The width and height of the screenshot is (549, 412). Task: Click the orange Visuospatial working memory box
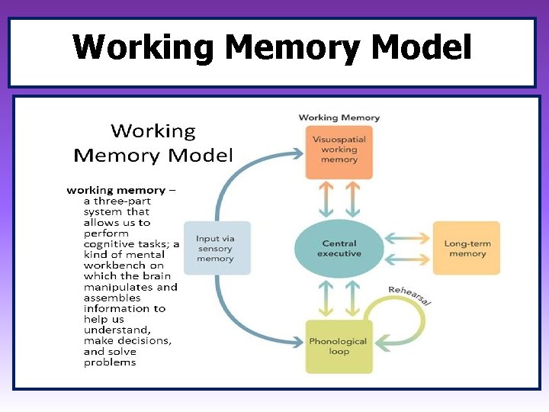[339, 152]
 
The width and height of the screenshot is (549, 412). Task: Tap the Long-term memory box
[467, 249]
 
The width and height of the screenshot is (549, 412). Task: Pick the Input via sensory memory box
[216, 249]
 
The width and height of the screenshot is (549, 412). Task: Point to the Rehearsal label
[409, 295]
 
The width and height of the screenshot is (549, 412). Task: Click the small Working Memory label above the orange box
[339, 117]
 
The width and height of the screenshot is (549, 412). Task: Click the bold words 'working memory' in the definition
[116, 190]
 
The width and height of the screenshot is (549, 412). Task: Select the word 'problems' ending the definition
[110, 362]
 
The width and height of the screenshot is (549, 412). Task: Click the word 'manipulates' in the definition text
[118, 287]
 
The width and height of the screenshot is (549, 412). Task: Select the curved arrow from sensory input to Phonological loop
[233, 320]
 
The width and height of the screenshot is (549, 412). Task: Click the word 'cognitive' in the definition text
[109, 244]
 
